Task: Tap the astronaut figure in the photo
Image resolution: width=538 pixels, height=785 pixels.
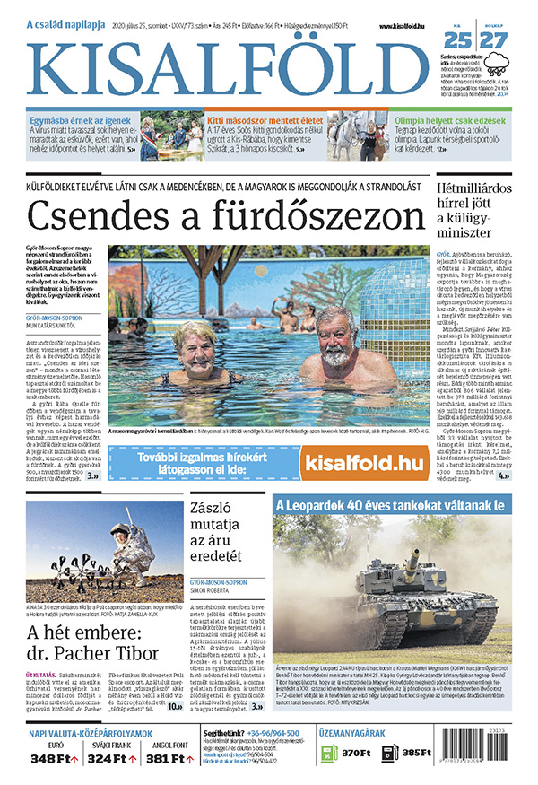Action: [x=135, y=557]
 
